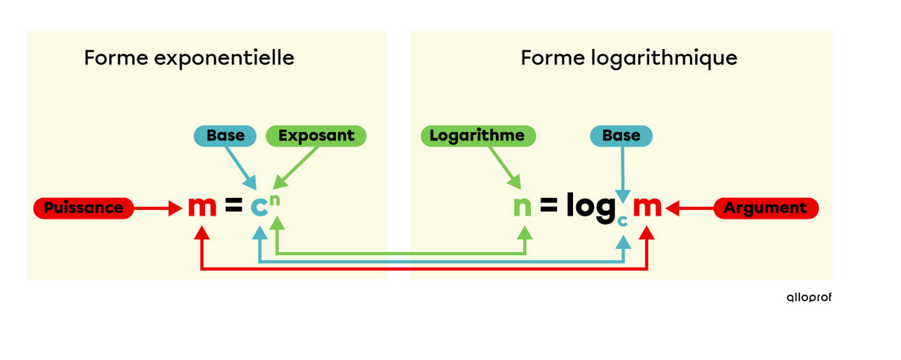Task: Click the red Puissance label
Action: [x=83, y=208]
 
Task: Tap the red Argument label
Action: [x=766, y=208]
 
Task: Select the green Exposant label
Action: [x=316, y=135]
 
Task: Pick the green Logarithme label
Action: [x=478, y=135]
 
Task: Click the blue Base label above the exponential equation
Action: [x=225, y=135]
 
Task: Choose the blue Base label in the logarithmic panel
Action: [x=621, y=135]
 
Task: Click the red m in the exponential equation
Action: [x=202, y=207]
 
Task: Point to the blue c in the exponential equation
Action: [x=259, y=207]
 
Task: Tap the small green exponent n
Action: [x=275, y=200]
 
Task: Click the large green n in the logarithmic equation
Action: [x=523, y=207]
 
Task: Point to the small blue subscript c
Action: [x=623, y=221]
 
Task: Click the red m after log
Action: [x=648, y=207]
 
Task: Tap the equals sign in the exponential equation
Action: [x=233, y=205]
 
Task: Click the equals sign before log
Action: [x=549, y=205]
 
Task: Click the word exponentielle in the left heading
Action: [x=224, y=58]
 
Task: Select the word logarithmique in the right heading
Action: [x=664, y=58]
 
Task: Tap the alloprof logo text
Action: [x=809, y=298]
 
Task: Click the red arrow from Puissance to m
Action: [x=158, y=208]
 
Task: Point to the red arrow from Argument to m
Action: [x=689, y=208]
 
